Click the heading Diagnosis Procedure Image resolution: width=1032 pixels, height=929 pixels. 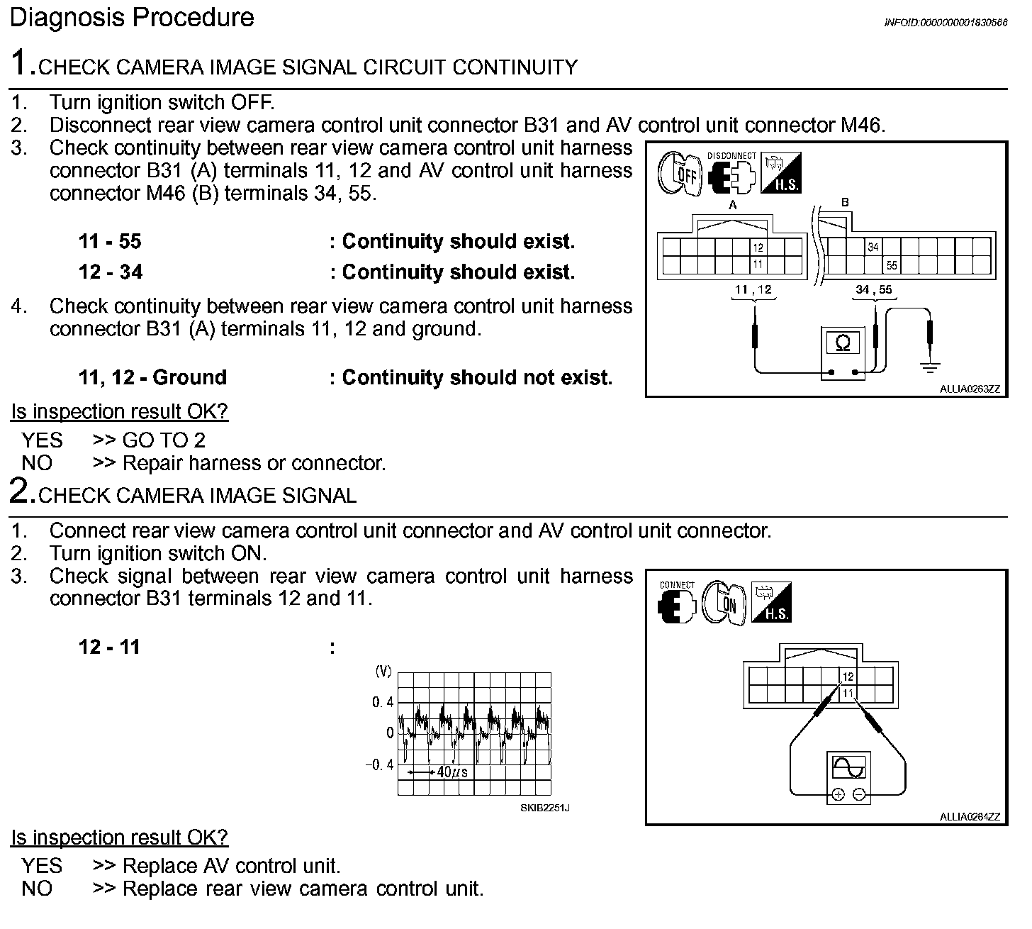click(x=132, y=18)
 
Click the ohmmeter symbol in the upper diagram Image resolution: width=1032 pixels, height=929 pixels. click(x=843, y=345)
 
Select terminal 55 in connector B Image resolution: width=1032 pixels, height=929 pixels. click(x=892, y=265)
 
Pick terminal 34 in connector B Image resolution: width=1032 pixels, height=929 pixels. click(x=873, y=247)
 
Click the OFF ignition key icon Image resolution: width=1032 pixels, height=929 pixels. click(x=680, y=173)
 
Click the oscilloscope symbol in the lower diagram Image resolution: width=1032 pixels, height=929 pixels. click(x=849, y=769)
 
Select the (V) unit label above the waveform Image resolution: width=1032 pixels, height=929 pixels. click(x=383, y=671)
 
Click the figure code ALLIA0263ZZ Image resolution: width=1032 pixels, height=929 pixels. click(x=970, y=389)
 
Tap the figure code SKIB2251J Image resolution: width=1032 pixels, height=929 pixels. click(x=544, y=808)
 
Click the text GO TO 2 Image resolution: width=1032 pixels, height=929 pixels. click(x=164, y=440)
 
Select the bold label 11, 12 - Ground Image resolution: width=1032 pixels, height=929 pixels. click(x=152, y=377)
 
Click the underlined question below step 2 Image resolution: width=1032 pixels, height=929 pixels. click(x=119, y=838)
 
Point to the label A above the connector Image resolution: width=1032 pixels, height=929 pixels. click(x=734, y=205)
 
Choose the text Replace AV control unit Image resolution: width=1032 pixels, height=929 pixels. click(x=231, y=866)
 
